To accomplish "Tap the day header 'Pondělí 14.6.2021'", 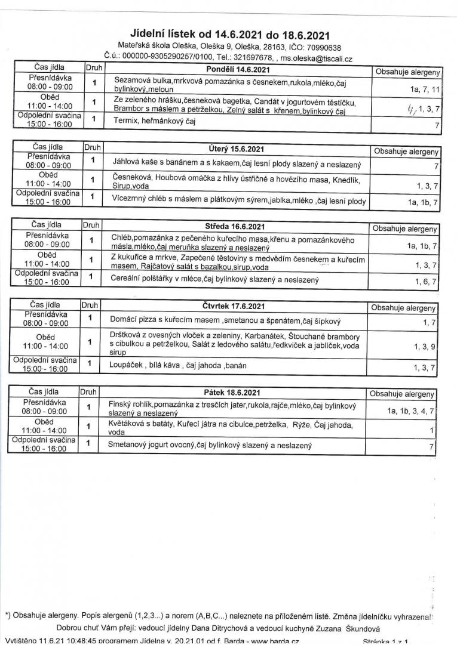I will coord(237,70).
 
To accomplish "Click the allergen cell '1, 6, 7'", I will coord(427,281).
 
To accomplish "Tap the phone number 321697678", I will coord(254,58).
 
